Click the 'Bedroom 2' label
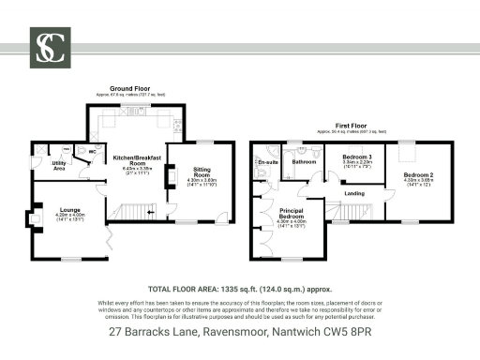(x=418, y=175)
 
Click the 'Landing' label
(x=354, y=193)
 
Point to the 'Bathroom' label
(x=304, y=161)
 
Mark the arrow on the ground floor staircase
(x=150, y=213)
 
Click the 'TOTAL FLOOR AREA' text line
(x=239, y=291)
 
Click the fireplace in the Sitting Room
(x=170, y=176)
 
